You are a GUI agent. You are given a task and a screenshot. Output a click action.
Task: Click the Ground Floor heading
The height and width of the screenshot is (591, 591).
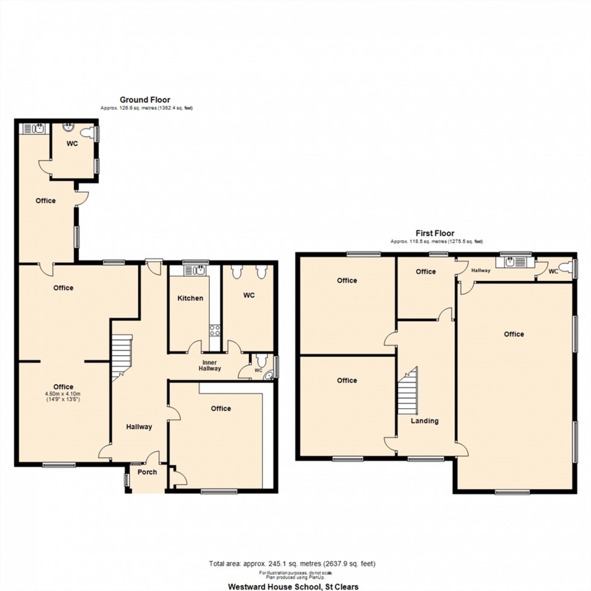point(145,100)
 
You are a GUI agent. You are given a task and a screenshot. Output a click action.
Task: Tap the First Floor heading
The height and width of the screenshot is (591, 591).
point(435,233)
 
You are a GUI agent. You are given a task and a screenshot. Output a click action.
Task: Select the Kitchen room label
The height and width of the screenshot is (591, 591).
point(190,299)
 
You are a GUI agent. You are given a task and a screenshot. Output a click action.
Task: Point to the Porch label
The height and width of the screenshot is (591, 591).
point(147,472)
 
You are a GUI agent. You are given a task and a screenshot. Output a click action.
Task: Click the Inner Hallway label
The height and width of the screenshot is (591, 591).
point(210,365)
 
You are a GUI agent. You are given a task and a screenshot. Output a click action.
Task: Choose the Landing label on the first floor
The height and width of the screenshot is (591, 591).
point(425,421)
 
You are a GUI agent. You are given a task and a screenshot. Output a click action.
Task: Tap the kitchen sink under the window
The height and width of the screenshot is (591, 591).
point(199,271)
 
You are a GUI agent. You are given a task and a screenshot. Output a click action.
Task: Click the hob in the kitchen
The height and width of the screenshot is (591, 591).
point(214,329)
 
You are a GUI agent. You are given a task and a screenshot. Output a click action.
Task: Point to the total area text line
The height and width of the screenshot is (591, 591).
point(292,564)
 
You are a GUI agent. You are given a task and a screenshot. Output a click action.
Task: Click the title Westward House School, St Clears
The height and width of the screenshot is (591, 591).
point(292,586)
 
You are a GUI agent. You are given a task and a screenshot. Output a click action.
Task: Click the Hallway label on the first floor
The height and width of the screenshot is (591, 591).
point(481,271)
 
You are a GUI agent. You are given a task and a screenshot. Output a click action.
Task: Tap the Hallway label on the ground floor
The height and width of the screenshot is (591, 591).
point(139,427)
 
